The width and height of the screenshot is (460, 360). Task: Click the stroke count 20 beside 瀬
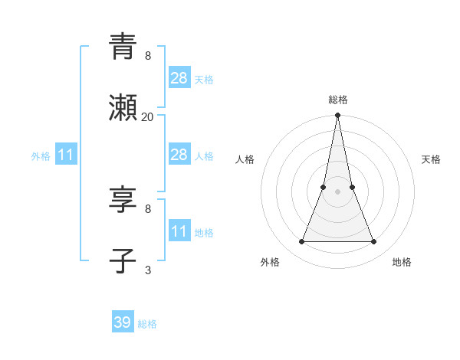pos(148,117)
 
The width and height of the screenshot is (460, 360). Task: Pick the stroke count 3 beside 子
pos(148,270)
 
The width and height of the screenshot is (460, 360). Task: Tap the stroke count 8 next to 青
pos(148,56)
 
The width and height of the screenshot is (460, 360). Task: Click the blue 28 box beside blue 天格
pos(179,78)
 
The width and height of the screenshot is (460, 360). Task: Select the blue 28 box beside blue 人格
pos(179,155)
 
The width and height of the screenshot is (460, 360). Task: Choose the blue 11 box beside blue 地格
pos(179,231)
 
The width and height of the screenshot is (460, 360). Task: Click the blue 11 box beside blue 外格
pos(66,155)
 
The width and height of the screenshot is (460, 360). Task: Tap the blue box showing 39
pos(123,322)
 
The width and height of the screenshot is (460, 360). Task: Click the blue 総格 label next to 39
pos(147,324)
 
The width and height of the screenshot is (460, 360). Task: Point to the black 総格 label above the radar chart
pos(338,100)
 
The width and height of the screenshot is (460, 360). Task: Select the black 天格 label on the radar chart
pos(432,159)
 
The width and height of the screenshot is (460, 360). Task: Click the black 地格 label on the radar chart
pos(402,262)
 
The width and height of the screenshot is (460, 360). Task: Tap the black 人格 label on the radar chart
pos(245,159)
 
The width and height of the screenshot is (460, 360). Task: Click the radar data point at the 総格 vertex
pos(337,116)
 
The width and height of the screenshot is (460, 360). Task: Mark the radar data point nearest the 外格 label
pos(301,242)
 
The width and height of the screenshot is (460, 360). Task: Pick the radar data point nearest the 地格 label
pos(374,242)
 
